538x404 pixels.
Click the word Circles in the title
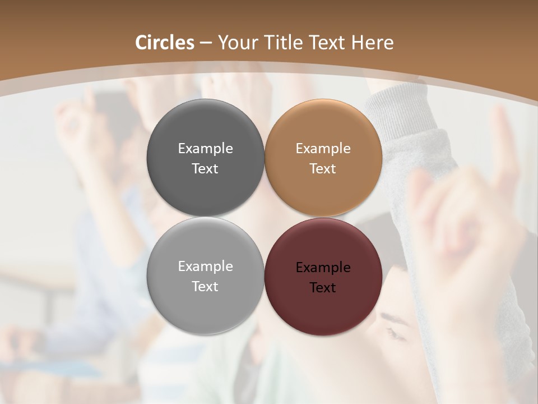click(x=165, y=43)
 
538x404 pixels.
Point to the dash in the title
click(x=205, y=43)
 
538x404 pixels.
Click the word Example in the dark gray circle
click(x=205, y=149)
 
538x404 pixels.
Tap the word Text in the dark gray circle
click(x=205, y=169)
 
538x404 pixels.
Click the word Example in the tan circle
click(x=323, y=149)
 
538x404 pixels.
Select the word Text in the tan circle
click(x=323, y=169)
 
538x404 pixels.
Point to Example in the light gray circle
click(x=205, y=267)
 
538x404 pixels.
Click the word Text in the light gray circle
click(x=205, y=287)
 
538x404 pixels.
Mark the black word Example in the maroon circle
click(x=323, y=268)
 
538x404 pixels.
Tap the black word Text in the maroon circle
click(x=323, y=288)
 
